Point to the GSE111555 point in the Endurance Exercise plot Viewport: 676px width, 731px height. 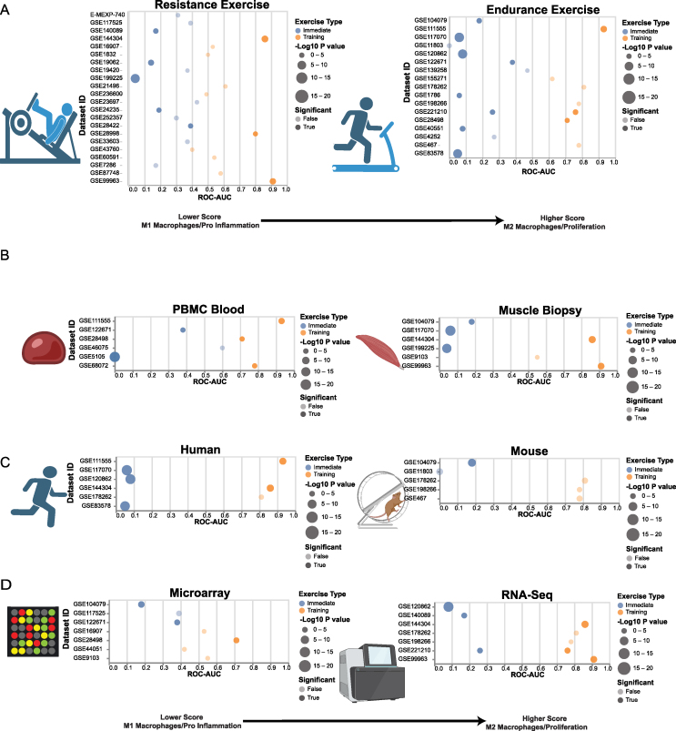point(603,29)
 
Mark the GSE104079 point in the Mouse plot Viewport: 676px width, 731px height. point(471,462)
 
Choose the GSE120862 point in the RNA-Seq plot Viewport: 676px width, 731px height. point(448,606)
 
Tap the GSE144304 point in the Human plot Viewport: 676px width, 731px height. point(270,489)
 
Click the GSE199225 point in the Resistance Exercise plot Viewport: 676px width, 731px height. point(136,78)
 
